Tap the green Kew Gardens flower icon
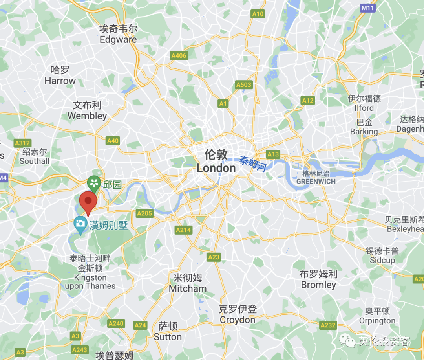pyautogui.click(x=94, y=183)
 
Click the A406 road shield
pyautogui.click(x=179, y=56)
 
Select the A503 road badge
pyautogui.click(x=243, y=85)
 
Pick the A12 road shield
pyautogui.click(x=308, y=101)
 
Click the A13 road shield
pyautogui.click(x=273, y=154)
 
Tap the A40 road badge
pyautogui.click(x=113, y=141)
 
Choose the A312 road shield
pyautogui.click(x=22, y=143)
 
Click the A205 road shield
pyautogui.click(x=144, y=213)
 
